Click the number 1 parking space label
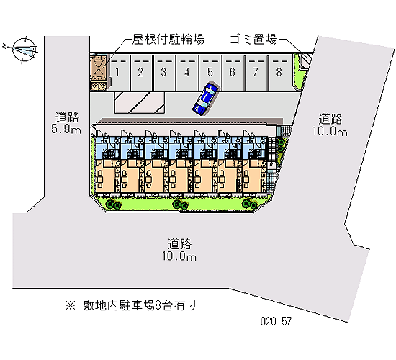point(117,72)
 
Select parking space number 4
point(186,73)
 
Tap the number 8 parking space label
point(279,72)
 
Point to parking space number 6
point(233,73)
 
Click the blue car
point(205,99)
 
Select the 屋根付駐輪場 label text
point(168,39)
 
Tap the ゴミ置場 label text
point(254,40)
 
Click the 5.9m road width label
point(66,129)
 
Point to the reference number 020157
point(276,321)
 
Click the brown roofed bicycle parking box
point(99,68)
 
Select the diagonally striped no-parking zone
point(140,102)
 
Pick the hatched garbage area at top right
point(305,61)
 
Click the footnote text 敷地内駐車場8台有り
point(140,305)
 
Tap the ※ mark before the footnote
point(71,305)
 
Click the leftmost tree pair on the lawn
point(113,204)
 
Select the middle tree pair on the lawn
point(180,204)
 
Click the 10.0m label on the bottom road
point(179,256)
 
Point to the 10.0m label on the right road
point(330,131)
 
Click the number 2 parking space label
point(140,72)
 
